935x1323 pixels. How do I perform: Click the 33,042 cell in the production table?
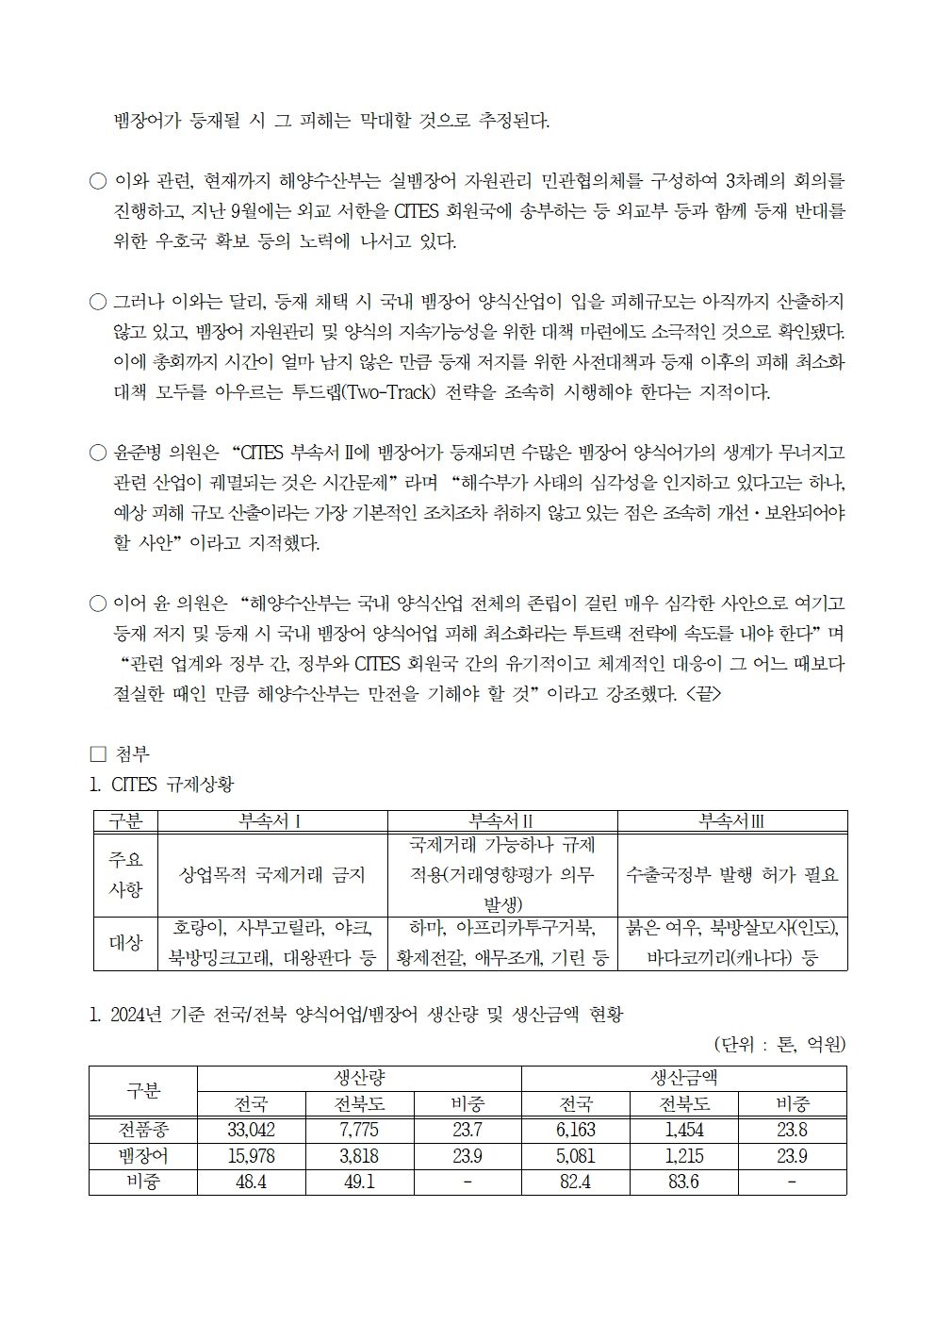coord(251,1130)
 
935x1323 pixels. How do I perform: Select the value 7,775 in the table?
coord(359,1130)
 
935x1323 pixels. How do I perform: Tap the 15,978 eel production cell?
coord(251,1156)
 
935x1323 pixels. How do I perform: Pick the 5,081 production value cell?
coord(575,1156)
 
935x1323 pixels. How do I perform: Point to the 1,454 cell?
coord(683,1130)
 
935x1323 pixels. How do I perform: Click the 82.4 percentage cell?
coord(575,1182)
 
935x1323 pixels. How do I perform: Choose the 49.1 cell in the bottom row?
coord(359,1182)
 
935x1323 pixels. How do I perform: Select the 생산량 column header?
coord(359,1078)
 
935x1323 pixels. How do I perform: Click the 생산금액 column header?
coord(683,1078)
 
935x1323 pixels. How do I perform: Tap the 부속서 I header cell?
coord(271,821)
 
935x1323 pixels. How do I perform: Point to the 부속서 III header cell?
coord(731,821)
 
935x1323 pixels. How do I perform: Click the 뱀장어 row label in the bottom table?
coord(143,1156)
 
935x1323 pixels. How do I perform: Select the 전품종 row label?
coord(143,1130)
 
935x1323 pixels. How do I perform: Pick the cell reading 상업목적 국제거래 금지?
coord(271,874)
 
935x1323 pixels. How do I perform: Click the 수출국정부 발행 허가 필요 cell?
coord(731,874)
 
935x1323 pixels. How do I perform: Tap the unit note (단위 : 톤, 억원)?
coord(779,1044)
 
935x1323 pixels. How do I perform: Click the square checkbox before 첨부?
coord(97,754)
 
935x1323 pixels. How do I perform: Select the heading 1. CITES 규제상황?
coord(161,784)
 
